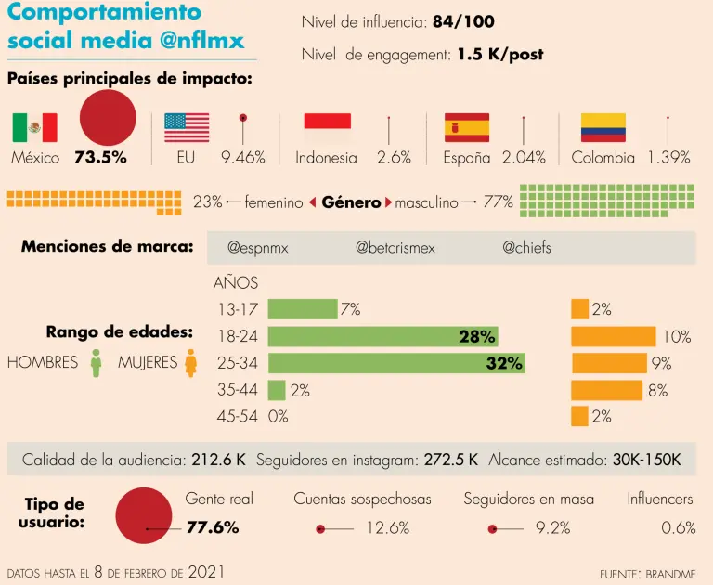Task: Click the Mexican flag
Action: (35, 127)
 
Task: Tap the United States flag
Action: (187, 127)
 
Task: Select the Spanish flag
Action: (467, 127)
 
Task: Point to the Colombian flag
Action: (603, 127)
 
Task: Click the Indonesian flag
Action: (328, 121)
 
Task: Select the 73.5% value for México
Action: (100, 158)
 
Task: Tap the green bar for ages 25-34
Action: (396, 363)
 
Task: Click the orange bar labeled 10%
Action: (614, 336)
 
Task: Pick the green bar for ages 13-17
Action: (302, 309)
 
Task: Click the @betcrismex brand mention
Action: (395, 248)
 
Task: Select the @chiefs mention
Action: (526, 248)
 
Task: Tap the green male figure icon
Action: (96, 363)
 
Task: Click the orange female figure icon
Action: (190, 363)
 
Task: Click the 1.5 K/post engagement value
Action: (499, 55)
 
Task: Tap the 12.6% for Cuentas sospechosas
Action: (387, 528)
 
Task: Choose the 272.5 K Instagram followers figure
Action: (451, 460)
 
